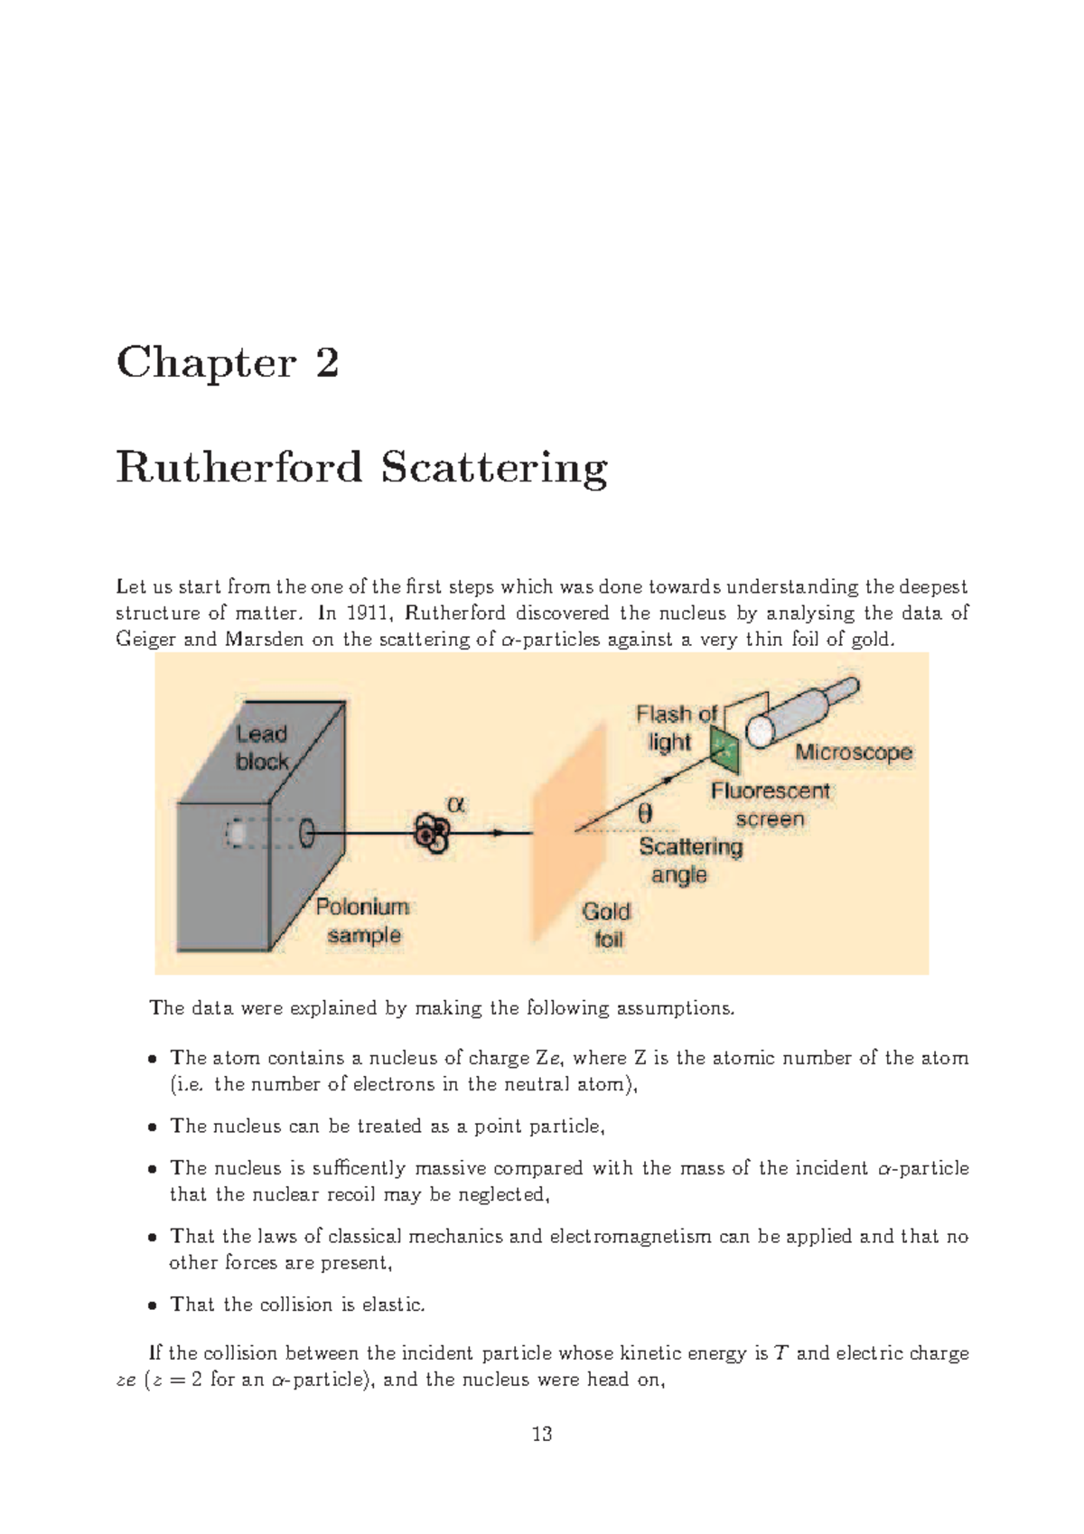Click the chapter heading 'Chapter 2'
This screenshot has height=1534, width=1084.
click(x=228, y=363)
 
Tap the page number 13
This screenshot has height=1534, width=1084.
click(x=542, y=1434)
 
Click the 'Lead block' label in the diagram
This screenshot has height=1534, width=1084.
click(x=262, y=748)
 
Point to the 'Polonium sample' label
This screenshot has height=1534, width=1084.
click(x=362, y=921)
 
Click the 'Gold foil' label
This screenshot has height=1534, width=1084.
click(x=606, y=925)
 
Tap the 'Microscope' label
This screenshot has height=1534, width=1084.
click(x=853, y=753)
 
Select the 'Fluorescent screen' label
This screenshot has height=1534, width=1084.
click(x=770, y=805)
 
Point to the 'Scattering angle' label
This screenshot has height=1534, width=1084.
click(x=689, y=860)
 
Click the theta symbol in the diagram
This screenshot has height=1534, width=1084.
click(x=645, y=813)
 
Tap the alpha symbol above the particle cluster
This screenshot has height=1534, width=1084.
click(x=456, y=803)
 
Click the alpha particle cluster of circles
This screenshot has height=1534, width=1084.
click(x=431, y=833)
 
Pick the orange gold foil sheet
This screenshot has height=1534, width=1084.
click(x=568, y=831)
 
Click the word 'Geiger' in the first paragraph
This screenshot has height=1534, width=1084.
click(x=145, y=640)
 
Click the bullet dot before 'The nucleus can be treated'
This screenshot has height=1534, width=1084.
click(x=153, y=1127)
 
